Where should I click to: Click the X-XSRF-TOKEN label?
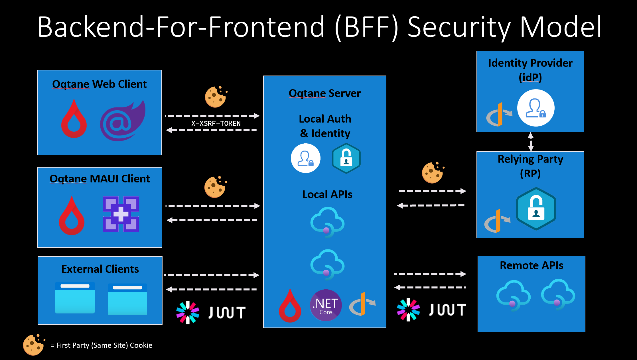click(216, 123)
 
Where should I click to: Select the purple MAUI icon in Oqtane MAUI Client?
click(121, 214)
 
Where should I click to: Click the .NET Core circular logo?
click(326, 305)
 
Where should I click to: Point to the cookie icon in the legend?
click(34, 345)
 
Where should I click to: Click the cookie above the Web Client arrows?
click(216, 97)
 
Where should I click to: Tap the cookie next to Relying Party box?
click(433, 172)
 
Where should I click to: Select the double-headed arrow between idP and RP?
click(531, 142)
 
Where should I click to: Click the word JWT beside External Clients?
click(227, 313)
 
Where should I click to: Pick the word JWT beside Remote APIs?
click(448, 310)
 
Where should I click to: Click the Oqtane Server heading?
click(325, 93)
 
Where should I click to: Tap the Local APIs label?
click(327, 194)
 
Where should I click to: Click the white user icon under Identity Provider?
click(536, 108)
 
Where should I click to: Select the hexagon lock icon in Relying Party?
click(536, 209)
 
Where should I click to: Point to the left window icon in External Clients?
click(75, 298)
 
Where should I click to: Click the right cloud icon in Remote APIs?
click(558, 295)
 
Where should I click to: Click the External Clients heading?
click(100, 269)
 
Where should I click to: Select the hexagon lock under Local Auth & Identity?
click(346, 158)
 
